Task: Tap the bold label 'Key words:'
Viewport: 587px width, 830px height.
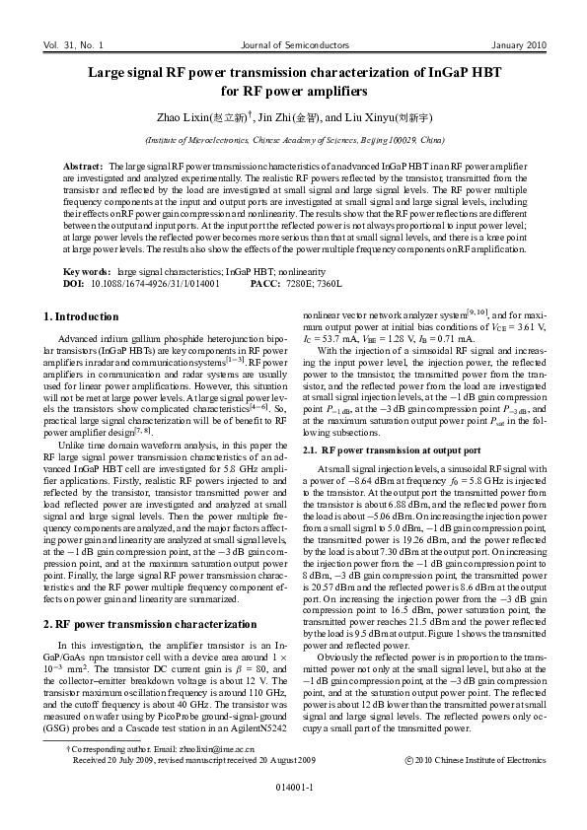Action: [x=87, y=271]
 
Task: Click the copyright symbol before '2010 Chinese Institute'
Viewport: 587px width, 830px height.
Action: [x=409, y=761]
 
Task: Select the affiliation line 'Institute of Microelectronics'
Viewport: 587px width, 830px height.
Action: [x=293, y=141]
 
